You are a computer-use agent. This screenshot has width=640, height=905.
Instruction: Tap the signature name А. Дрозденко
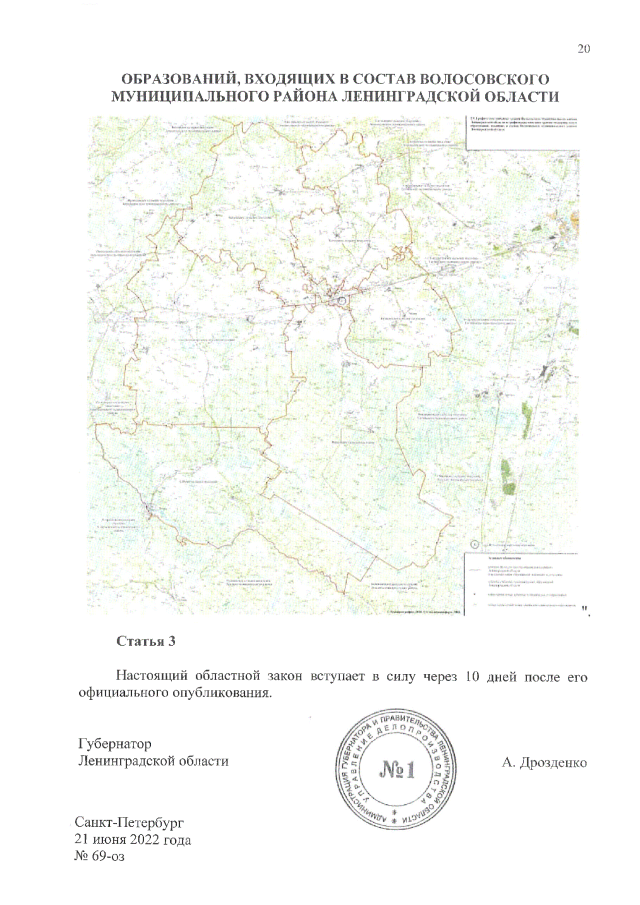pos(547,763)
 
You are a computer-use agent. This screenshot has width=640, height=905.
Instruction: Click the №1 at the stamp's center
pos(398,771)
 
